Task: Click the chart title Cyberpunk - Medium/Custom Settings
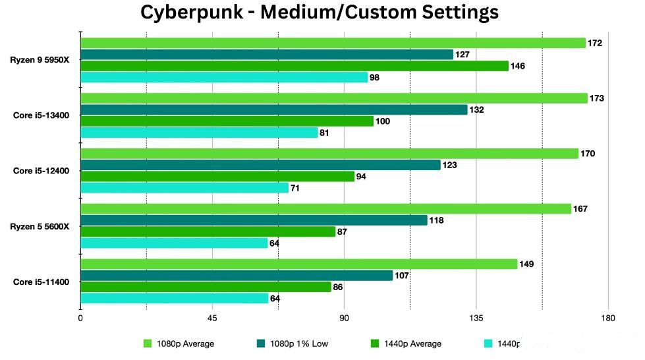(x=320, y=12)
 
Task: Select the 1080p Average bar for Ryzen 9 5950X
(x=333, y=43)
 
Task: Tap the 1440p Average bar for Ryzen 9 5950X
(x=294, y=66)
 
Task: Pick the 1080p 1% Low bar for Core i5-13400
(x=273, y=109)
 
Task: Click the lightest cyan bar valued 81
(x=198, y=133)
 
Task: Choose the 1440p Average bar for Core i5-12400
(x=217, y=176)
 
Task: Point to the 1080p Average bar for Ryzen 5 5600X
(x=325, y=209)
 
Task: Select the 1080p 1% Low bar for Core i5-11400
(x=237, y=276)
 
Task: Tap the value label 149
(x=526, y=264)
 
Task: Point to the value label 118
(x=436, y=220)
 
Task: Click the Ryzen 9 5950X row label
(x=43, y=60)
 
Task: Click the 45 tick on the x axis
(x=212, y=319)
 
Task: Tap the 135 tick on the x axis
(x=476, y=319)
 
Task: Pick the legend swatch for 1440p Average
(x=375, y=344)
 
